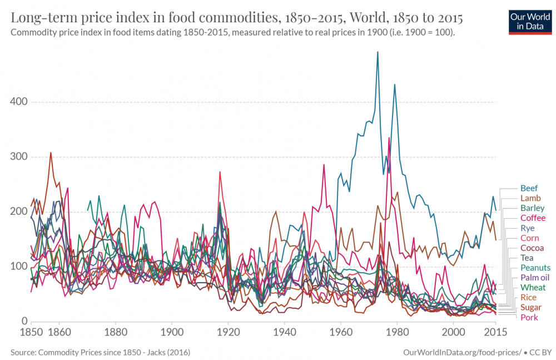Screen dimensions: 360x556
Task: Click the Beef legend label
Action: click(529, 188)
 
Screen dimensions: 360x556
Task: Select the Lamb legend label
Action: click(530, 198)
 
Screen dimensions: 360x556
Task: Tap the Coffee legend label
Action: click(533, 218)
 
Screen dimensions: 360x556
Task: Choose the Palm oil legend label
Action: click(534, 277)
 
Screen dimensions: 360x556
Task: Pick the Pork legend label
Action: click(529, 317)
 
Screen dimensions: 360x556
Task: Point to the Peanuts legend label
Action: click(535, 268)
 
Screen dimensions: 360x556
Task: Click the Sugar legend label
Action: click(531, 307)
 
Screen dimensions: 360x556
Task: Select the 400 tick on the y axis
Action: click(19, 102)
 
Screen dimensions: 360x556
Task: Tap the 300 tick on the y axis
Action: click(19, 157)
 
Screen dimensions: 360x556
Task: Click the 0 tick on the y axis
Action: click(24, 321)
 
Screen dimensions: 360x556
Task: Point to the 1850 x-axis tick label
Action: click(31, 332)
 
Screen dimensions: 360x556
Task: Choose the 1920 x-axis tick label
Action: click(228, 332)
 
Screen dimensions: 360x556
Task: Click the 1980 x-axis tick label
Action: click(397, 332)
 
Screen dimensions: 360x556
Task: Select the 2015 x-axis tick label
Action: click(495, 332)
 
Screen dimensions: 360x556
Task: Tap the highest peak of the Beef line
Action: click(378, 52)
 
